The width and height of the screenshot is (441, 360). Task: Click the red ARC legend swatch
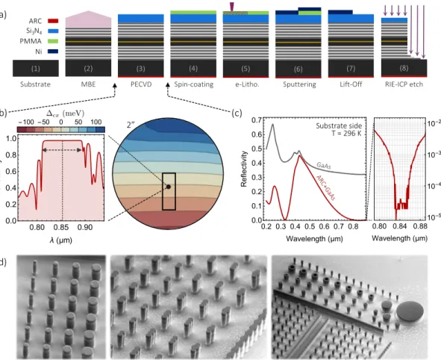[53, 21]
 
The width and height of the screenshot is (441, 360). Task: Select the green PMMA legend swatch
[53, 41]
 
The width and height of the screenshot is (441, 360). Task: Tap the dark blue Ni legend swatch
[53, 52]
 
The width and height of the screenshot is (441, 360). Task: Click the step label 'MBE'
[88, 84]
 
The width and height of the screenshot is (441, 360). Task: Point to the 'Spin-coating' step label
[194, 84]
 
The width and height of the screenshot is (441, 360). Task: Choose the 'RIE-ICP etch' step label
[404, 84]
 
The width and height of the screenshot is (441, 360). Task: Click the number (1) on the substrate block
[35, 69]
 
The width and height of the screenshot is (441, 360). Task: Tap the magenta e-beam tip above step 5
[232, 7]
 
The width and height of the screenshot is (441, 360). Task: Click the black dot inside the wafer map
[169, 187]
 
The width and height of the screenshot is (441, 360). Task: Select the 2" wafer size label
[131, 125]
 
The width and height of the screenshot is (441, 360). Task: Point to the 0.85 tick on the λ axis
[63, 227]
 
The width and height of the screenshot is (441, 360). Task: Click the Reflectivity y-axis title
[243, 169]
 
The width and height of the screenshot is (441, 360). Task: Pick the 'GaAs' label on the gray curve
[323, 166]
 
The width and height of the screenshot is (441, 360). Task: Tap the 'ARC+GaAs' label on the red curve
[325, 187]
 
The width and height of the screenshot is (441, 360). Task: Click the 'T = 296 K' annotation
[346, 133]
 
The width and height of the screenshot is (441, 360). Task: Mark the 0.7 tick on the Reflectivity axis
[257, 120]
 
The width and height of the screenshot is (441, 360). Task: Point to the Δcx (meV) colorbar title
[65, 114]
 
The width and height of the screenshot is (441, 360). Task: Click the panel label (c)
[237, 113]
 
